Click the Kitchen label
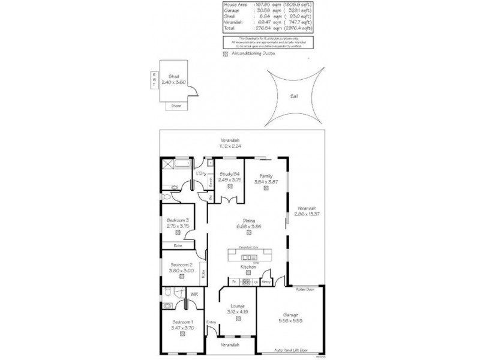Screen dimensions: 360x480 coord(248,266)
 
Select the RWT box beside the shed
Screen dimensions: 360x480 coord(154,79)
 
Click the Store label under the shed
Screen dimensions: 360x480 coord(176,105)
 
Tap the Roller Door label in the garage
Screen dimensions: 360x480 coord(305,289)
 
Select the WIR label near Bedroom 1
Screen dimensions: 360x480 coord(194,294)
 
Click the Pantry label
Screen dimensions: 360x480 coord(267,281)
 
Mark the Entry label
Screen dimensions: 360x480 coord(211,323)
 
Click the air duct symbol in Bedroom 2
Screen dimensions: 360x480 coord(181,279)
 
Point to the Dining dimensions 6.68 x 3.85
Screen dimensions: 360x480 coord(247,227)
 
